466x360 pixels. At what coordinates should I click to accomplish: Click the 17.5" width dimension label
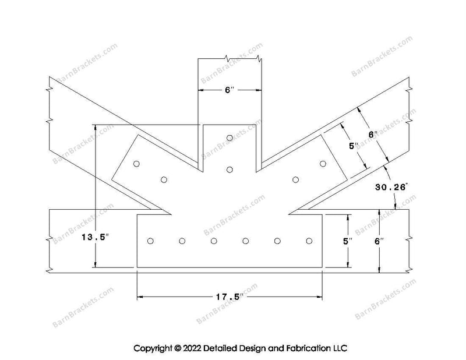pyautogui.click(x=229, y=297)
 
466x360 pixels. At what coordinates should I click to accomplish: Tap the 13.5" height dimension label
pyautogui.click(x=95, y=237)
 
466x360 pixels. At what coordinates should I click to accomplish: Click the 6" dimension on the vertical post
pyautogui.click(x=230, y=90)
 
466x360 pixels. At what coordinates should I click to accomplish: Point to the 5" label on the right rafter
pyautogui.click(x=352, y=146)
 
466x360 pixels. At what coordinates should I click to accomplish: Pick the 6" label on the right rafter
pyautogui.click(x=373, y=135)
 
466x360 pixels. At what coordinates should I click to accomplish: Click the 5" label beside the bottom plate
pyautogui.click(x=347, y=241)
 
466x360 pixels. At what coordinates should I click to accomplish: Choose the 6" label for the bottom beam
pyautogui.click(x=379, y=241)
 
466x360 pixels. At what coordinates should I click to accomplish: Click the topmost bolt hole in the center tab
pyautogui.click(x=230, y=137)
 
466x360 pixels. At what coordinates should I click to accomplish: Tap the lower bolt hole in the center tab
pyautogui.click(x=230, y=170)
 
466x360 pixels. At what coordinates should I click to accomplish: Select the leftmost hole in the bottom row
pyautogui.click(x=150, y=241)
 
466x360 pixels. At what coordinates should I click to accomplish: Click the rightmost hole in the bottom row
pyautogui.click(x=309, y=241)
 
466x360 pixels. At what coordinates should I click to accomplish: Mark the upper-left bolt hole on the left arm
pyautogui.click(x=136, y=164)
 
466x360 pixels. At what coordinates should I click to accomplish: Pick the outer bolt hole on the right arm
pyautogui.click(x=323, y=164)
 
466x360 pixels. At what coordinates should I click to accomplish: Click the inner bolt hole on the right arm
pyautogui.click(x=295, y=179)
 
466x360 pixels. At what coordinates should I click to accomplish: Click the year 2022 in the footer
pyautogui.click(x=192, y=348)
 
